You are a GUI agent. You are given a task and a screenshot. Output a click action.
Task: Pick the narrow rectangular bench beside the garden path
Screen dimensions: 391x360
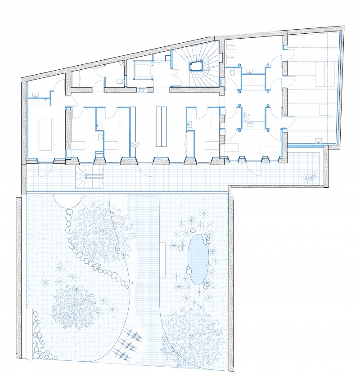(163, 260)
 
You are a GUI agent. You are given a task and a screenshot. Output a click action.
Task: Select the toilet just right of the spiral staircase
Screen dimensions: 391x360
(232, 72)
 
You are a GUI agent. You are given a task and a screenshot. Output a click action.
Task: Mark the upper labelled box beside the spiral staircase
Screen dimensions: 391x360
(232, 46)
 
